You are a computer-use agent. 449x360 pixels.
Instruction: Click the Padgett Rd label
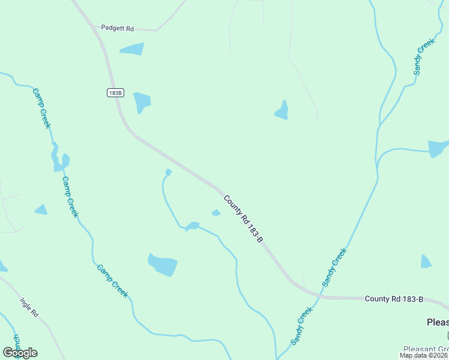pyautogui.click(x=117, y=28)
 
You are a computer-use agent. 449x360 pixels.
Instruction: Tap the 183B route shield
pyautogui.click(x=116, y=92)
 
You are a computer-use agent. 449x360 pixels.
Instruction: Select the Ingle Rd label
pyautogui.click(x=29, y=307)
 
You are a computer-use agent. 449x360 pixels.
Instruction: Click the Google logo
pyautogui.click(x=20, y=352)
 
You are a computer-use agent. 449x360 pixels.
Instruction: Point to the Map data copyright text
pyautogui.click(x=424, y=355)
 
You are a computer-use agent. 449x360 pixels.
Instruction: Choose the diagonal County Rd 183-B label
pyautogui.click(x=243, y=218)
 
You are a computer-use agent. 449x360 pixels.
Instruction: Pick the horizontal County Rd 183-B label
pyautogui.click(x=394, y=299)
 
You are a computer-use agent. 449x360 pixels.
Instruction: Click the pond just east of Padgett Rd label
pyautogui.click(x=133, y=49)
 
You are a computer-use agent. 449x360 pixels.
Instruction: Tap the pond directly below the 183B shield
pyautogui.click(x=142, y=101)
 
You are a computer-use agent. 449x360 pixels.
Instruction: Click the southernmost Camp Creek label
pyautogui.click(x=112, y=281)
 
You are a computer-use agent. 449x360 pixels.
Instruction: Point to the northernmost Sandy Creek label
pyautogui.click(x=423, y=57)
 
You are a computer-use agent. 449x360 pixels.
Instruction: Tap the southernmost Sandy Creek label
pyautogui.click(x=302, y=326)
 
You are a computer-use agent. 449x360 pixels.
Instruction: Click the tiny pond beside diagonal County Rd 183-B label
pyautogui.click(x=216, y=212)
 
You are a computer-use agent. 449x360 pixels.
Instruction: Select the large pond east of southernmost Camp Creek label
pyautogui.click(x=163, y=264)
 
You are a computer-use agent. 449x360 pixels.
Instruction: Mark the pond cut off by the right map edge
pyautogui.click(x=438, y=148)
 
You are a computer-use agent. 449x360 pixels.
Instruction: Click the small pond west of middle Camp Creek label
pyautogui.click(x=41, y=209)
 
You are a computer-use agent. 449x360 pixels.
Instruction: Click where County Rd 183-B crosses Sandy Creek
pyautogui.click(x=321, y=295)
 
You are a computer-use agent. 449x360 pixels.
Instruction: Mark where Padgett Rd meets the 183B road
pyautogui.click(x=97, y=28)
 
